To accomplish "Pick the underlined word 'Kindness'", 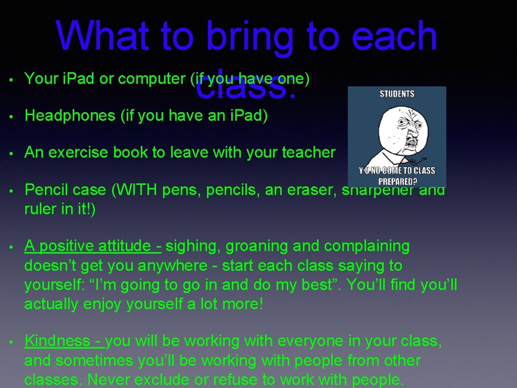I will point(57,341).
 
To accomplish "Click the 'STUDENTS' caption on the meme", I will point(397,94).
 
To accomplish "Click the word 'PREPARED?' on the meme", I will point(397,181).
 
